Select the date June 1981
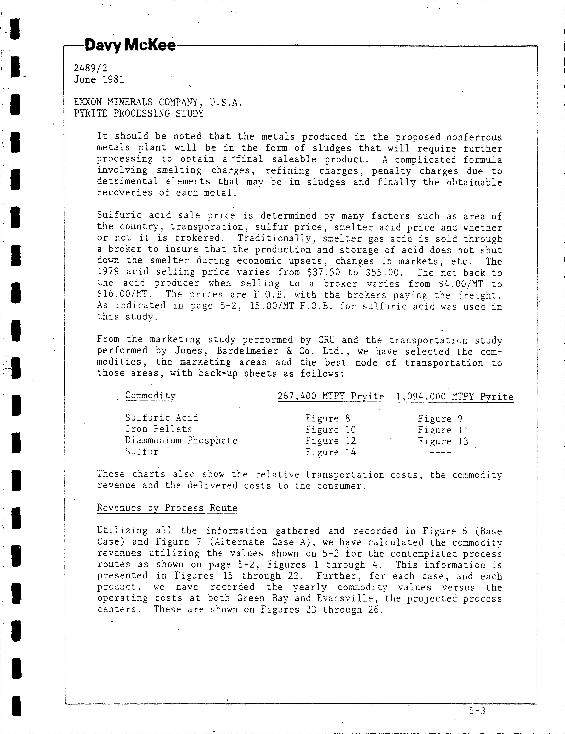tap(99, 80)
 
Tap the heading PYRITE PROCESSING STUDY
tap(139, 113)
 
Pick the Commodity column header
tap(150, 396)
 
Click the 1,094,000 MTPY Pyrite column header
tap(454, 397)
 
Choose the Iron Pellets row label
tap(159, 429)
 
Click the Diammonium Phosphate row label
tap(181, 440)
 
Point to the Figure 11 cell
tap(443, 430)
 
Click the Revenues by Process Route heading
tap(167, 508)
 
